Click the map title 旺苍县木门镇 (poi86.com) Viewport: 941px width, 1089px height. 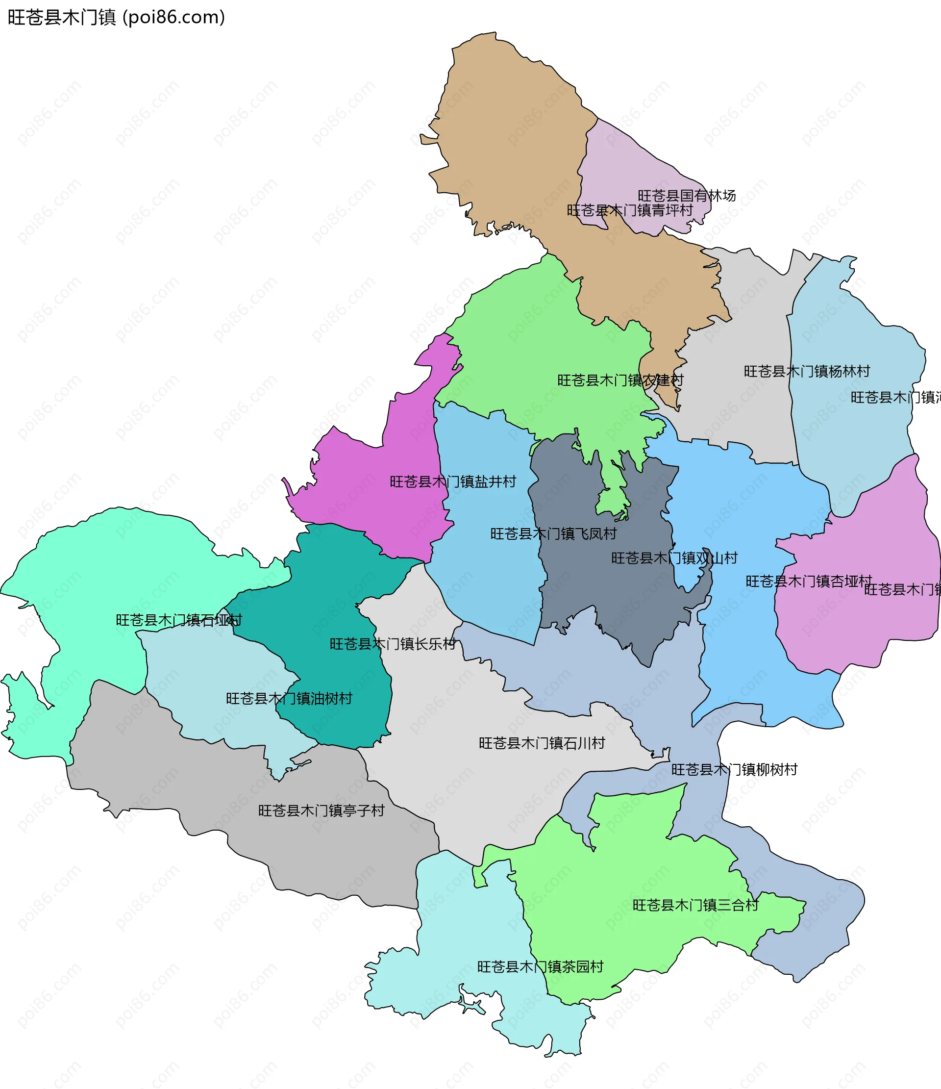pyautogui.click(x=116, y=17)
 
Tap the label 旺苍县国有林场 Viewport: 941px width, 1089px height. pyautogui.click(x=686, y=196)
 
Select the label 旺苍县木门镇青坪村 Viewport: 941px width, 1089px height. pyautogui.click(x=629, y=210)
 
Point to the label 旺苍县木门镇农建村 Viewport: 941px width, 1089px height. pyautogui.click(x=620, y=380)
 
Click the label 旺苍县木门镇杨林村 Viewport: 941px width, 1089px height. pyautogui.click(x=807, y=372)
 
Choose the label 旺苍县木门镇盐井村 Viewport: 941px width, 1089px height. pyautogui.click(x=452, y=481)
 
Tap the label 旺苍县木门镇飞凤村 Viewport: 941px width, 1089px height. pyautogui.click(x=553, y=534)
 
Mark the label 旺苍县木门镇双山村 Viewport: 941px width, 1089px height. pyautogui.click(x=674, y=558)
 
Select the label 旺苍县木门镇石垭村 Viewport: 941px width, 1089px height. pyautogui.click(x=178, y=620)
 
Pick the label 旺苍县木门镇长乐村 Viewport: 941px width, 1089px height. pyautogui.click(x=393, y=644)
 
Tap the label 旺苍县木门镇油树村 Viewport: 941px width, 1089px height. pyautogui.click(x=289, y=699)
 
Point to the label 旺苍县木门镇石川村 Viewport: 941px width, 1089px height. pyautogui.click(x=542, y=743)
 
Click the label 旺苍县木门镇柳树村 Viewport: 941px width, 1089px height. pyautogui.click(x=734, y=770)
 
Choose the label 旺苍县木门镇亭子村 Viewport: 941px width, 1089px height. pyautogui.click(x=321, y=811)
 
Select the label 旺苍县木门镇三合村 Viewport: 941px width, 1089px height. pyautogui.click(x=695, y=905)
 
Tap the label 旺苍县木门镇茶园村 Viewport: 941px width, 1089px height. pyautogui.click(x=540, y=967)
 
